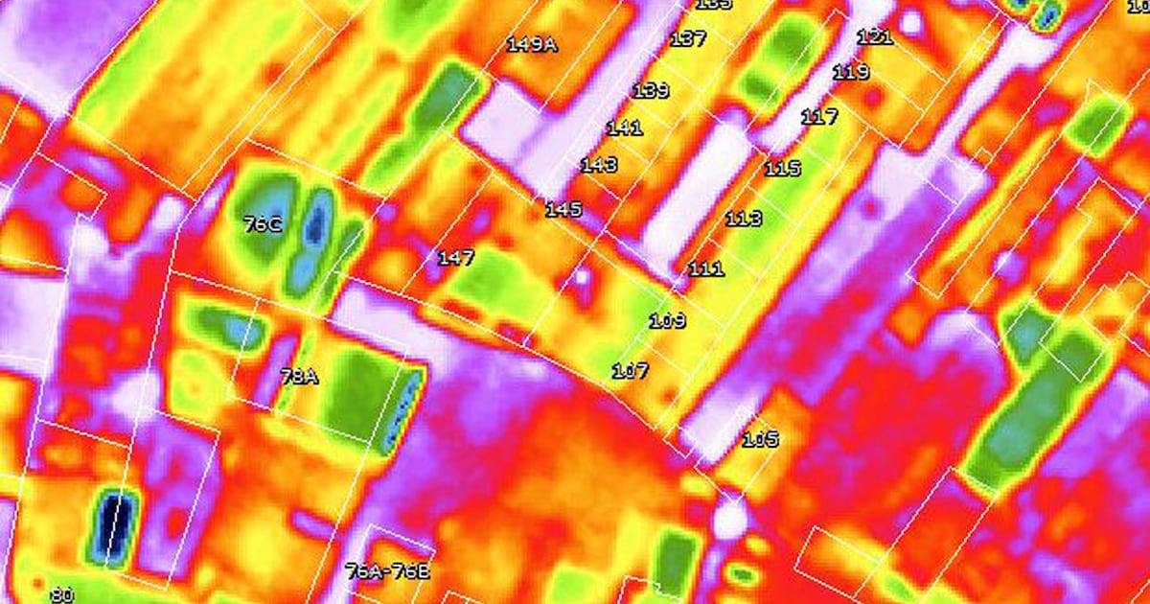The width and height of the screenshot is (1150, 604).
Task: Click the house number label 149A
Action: pos(531,44)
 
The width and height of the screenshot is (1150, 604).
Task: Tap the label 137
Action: pos(688,39)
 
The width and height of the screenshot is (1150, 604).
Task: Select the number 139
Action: pos(651,91)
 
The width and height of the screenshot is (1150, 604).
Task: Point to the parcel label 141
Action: pos(624,128)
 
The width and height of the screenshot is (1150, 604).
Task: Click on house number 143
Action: pos(599,165)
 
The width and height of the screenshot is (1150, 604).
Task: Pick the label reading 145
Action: pos(563,209)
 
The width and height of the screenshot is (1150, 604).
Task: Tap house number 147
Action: pos(456,257)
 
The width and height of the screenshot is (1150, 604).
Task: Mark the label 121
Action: pos(874,37)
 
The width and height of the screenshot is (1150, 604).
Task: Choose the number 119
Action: pos(851,72)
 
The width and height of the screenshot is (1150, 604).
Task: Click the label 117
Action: pos(819,117)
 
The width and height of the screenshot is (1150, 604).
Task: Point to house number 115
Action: pos(782,169)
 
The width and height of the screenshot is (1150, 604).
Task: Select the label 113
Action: pos(744,219)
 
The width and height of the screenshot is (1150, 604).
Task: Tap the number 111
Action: pos(706,269)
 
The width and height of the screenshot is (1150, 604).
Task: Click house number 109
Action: pos(668,320)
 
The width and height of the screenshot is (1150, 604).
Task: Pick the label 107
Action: pos(630,370)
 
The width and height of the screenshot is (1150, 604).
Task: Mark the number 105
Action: pos(760,440)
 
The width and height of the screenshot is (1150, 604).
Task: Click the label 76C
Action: pos(263,224)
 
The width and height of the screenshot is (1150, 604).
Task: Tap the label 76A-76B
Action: pos(387,571)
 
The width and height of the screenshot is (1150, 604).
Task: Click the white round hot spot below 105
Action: pos(730,520)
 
